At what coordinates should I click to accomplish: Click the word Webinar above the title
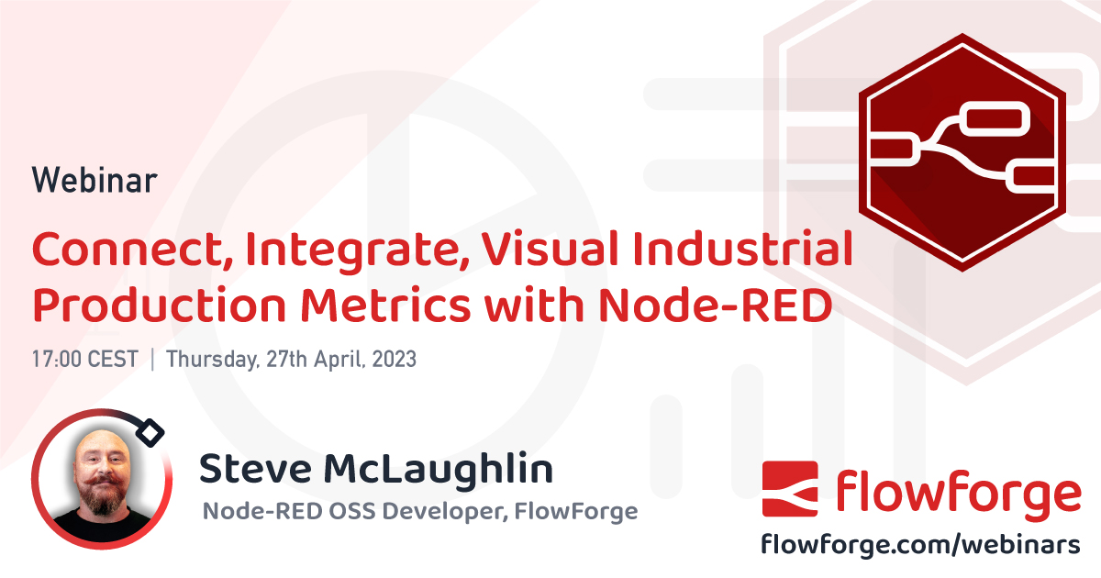[x=95, y=180]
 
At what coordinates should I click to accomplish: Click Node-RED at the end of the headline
[x=715, y=306]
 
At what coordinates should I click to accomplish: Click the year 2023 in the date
[x=394, y=359]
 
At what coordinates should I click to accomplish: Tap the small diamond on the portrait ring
[x=152, y=432]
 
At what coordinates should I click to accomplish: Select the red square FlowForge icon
[x=790, y=489]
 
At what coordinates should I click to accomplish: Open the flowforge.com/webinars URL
[x=921, y=544]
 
